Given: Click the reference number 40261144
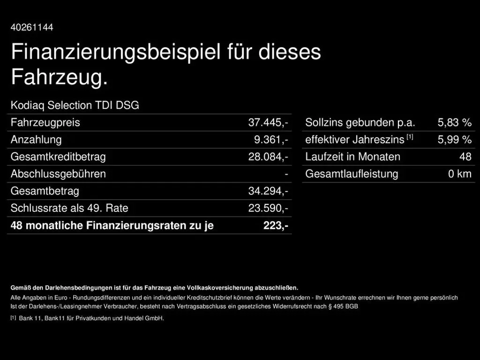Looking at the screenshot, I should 32,27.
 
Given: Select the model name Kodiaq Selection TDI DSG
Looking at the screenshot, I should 75,105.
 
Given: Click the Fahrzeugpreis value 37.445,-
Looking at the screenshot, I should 268,123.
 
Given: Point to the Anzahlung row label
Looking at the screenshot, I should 36,140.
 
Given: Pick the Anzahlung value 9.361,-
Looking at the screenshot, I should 271,140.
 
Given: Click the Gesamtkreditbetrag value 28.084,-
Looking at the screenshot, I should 268,157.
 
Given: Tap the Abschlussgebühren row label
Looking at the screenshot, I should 58,174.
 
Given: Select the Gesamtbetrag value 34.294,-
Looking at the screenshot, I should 268,191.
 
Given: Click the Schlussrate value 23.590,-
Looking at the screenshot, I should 268,208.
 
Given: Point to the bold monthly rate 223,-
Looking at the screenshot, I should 276,225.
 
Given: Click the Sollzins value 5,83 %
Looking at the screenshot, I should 454,123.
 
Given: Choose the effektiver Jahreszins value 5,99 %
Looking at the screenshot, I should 454,140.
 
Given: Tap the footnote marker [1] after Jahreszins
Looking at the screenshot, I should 410,137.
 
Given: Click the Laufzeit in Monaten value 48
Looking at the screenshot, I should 465,157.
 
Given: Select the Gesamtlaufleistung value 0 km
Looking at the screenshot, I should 459,174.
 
